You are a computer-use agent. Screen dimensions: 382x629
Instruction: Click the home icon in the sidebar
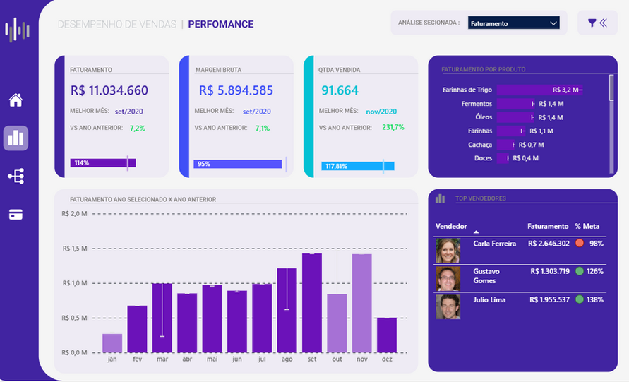16,100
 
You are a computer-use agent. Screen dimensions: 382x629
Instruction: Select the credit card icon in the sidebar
16,215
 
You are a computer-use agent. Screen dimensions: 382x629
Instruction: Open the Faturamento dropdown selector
513,23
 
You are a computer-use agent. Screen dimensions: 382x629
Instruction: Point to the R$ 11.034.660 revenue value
109,90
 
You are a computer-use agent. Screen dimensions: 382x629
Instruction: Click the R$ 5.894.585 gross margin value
236,90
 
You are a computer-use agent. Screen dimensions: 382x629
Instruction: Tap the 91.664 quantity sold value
340,90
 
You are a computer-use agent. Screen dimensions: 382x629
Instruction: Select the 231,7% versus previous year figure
393,128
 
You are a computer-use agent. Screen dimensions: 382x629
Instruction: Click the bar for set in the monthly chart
312,303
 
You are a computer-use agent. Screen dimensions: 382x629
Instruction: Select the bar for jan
112,343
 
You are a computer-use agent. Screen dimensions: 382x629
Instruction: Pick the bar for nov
361,304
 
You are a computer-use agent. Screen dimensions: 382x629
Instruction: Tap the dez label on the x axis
387,359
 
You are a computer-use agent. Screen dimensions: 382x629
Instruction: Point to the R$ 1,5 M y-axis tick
74,249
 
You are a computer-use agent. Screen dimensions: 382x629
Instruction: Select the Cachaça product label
480,145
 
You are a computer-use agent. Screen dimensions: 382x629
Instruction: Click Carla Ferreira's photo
448,251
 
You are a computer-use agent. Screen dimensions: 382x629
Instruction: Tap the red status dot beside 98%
579,243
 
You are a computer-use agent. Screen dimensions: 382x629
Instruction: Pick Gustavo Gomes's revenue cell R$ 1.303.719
549,271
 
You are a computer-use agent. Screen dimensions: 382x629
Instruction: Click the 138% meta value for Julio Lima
595,299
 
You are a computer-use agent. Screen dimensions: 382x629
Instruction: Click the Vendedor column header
451,227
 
